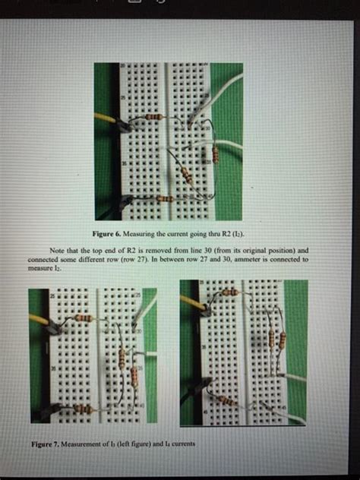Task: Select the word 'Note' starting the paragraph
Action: (x=58, y=250)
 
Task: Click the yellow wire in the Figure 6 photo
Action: (x=105, y=118)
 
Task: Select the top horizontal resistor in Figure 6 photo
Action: (x=154, y=118)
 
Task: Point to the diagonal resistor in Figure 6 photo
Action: (x=185, y=173)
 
